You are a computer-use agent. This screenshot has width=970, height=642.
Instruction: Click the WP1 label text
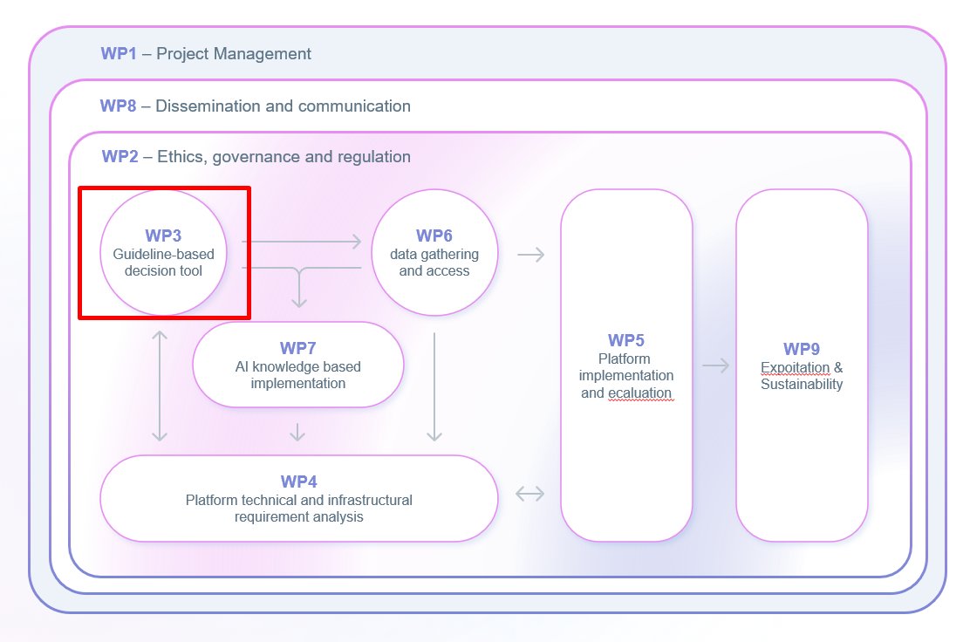[120, 54]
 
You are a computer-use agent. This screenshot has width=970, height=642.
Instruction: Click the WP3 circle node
[163, 253]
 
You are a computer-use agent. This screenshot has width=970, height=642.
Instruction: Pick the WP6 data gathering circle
[434, 253]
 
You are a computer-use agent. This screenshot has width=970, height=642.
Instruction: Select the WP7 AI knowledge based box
[298, 365]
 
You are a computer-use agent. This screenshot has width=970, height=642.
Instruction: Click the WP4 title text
[298, 481]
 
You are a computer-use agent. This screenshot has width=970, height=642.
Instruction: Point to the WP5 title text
[625, 340]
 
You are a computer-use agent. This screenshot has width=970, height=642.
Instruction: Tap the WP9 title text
[801, 349]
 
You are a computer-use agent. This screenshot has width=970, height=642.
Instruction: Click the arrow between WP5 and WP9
[715, 365]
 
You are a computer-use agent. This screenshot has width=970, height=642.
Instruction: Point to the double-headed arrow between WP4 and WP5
[529, 494]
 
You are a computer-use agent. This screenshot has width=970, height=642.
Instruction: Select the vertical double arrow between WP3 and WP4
[159, 385]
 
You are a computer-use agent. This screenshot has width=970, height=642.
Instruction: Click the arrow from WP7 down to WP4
[297, 431]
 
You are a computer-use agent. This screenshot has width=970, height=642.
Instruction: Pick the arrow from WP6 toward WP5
[530, 255]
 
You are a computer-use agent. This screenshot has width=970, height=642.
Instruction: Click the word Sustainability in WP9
[801, 385]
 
